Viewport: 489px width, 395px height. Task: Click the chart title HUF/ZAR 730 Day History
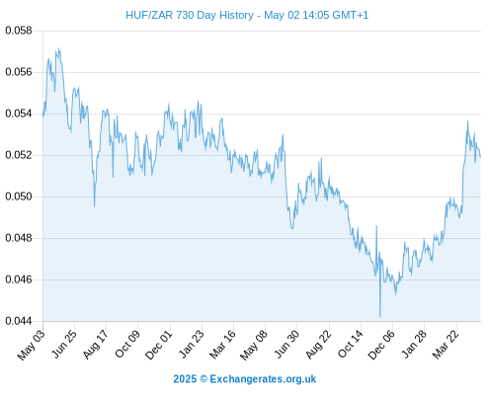click(x=190, y=15)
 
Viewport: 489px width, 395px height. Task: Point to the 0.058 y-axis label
click(x=19, y=31)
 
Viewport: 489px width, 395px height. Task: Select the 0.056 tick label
click(x=19, y=72)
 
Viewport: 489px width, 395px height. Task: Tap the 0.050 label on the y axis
click(x=19, y=197)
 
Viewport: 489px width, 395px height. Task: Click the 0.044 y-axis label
click(x=19, y=321)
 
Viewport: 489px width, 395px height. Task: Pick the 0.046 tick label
click(x=19, y=279)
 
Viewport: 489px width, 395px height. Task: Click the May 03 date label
click(x=32, y=345)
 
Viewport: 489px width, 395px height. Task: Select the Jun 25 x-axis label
click(x=64, y=344)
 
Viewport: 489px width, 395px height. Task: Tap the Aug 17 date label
click(x=95, y=345)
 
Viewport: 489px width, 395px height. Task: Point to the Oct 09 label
click(x=127, y=344)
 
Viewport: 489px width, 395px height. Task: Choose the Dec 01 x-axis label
click(x=159, y=345)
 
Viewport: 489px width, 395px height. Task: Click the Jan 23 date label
click(x=191, y=344)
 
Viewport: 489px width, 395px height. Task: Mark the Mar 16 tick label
click(x=222, y=344)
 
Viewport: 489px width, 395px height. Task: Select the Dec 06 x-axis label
click(x=381, y=345)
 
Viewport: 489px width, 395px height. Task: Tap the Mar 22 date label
click(x=446, y=344)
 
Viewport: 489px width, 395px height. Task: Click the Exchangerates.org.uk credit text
click(x=263, y=379)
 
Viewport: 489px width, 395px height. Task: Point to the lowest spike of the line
click(x=380, y=317)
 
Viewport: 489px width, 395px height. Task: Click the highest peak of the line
click(x=59, y=48)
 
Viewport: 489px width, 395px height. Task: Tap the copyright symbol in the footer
click(x=204, y=379)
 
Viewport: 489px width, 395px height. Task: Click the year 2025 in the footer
click(x=185, y=379)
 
